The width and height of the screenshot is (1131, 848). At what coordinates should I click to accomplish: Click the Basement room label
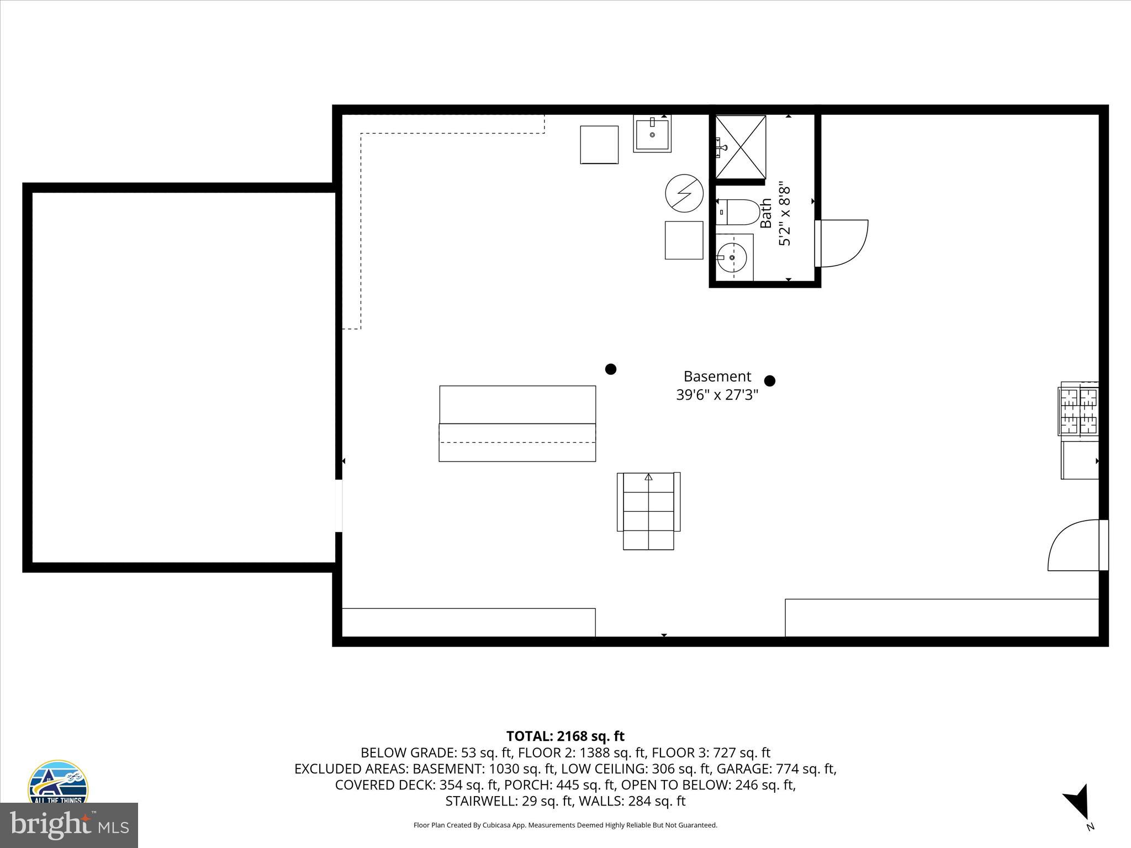coord(717,377)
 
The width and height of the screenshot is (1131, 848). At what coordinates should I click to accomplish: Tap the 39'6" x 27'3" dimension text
coord(717,395)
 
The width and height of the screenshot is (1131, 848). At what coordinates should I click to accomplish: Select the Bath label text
coord(766,214)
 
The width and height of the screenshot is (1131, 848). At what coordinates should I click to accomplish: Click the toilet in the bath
coord(740,213)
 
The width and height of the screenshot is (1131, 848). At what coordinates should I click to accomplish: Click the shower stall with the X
coord(741,147)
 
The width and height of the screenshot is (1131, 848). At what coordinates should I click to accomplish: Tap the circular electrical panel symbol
coord(684,193)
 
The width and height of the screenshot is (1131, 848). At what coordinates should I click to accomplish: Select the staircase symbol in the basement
coord(648,511)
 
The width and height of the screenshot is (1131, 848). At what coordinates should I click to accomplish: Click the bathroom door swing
coord(842,243)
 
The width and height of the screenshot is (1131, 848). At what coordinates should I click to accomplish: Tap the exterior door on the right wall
coord(1074,545)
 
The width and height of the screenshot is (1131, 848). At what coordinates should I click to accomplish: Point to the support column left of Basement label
coord(610,369)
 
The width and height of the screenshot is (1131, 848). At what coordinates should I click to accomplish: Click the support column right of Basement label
coord(769,380)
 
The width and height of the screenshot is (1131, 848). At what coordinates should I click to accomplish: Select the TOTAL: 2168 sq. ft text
coord(565,736)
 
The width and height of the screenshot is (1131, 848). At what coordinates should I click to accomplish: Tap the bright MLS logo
coord(69,825)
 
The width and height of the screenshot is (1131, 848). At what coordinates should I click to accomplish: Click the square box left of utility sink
coord(599,145)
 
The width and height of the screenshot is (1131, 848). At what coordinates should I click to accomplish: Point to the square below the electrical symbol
coord(684,240)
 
